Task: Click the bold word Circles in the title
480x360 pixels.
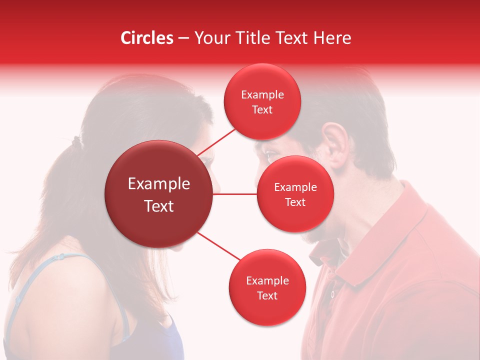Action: point(147,38)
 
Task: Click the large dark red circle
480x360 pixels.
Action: point(159,194)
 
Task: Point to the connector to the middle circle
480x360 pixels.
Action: point(234,194)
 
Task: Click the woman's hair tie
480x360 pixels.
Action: point(75,141)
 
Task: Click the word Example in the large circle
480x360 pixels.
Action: point(159,184)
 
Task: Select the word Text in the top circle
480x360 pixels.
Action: point(262,110)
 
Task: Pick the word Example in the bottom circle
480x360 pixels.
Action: point(267,281)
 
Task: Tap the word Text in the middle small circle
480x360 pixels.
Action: point(295,202)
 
